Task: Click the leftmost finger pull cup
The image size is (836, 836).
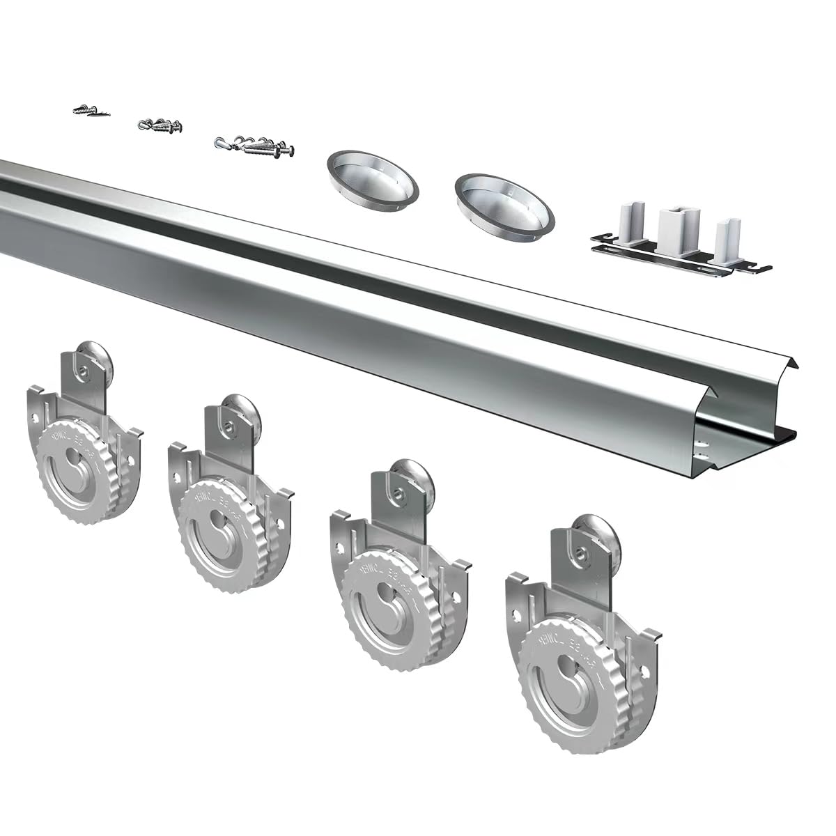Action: click(373, 178)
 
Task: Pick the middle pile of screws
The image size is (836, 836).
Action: click(162, 126)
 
